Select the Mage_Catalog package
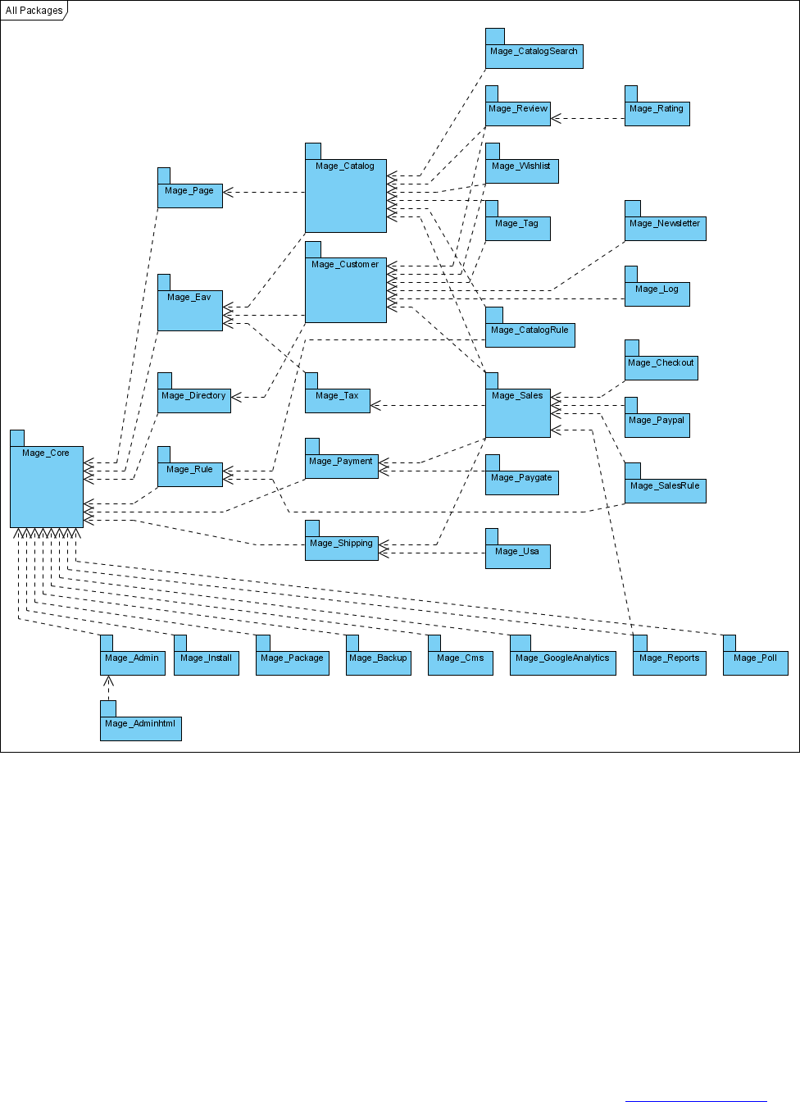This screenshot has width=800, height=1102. (345, 196)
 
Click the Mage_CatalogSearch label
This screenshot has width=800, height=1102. (534, 51)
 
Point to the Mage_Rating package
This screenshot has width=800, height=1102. (657, 113)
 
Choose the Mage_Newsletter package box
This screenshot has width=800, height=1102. (665, 228)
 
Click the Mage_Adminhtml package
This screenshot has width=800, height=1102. (140, 728)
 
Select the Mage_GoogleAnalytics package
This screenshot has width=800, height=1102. (562, 663)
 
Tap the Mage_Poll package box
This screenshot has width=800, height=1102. (755, 663)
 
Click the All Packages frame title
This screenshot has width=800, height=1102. (34, 11)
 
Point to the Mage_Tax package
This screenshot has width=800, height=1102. (337, 400)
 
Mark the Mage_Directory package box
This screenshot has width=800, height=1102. (193, 400)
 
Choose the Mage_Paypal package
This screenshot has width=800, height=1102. (657, 425)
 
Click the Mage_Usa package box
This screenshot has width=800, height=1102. (517, 556)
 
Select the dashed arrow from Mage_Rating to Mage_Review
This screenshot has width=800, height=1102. (588, 119)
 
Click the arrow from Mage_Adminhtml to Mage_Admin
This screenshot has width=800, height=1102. (108, 689)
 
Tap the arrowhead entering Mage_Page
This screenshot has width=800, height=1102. (228, 193)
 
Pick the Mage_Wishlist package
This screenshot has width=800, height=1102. (521, 171)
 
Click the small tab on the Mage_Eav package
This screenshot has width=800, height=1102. (164, 282)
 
